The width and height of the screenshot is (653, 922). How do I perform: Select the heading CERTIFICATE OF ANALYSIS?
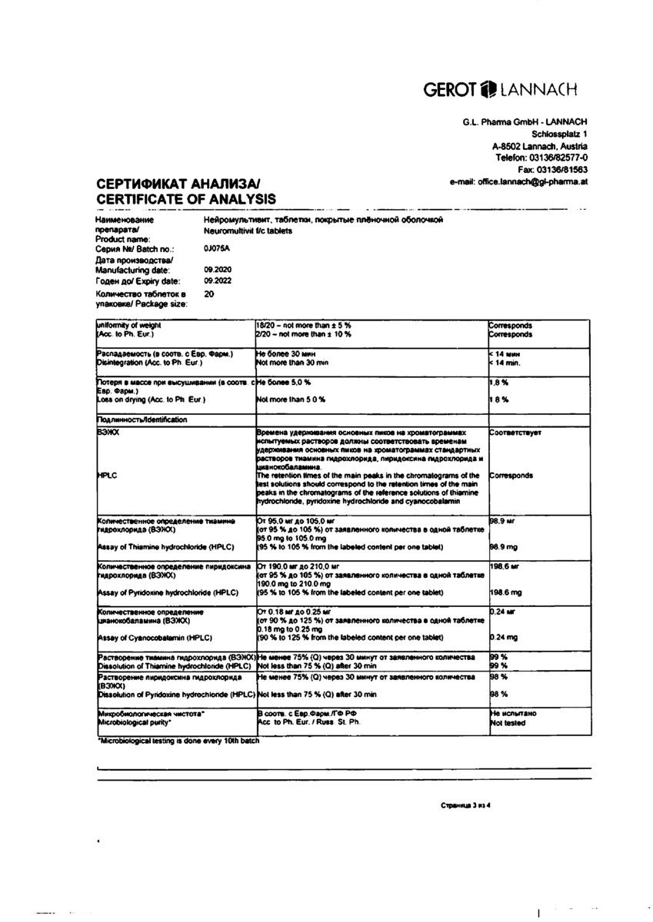175,199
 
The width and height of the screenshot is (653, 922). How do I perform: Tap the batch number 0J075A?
217,249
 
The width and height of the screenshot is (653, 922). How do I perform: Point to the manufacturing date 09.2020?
218,270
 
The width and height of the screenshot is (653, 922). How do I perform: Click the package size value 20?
209,294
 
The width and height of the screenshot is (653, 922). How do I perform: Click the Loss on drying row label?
152,400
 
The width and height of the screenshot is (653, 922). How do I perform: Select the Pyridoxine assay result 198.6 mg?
506,592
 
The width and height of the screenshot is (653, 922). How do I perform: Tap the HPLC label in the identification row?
107,476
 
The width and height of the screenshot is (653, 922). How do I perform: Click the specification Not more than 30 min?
293,362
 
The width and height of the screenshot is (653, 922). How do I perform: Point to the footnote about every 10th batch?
178,741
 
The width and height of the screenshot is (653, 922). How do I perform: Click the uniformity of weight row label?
128,326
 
